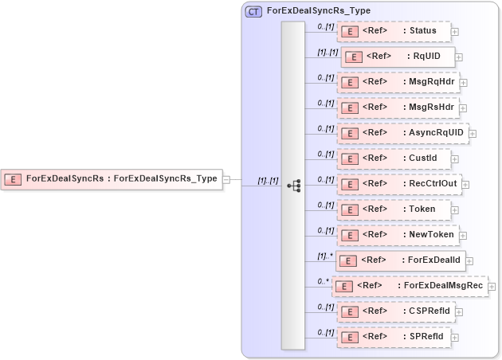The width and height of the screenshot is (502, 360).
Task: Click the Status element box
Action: coord(394,32)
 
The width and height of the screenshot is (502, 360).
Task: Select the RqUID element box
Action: coord(398,57)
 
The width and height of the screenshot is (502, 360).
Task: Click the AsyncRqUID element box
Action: coord(402,133)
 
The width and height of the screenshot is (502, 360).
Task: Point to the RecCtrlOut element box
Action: coord(398,184)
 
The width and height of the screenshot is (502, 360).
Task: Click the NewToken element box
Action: coord(398,235)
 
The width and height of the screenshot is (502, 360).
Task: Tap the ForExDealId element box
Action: coord(400,260)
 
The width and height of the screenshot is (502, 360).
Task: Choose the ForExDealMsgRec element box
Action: coord(410,286)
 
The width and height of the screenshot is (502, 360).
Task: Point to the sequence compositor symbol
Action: coord(293,185)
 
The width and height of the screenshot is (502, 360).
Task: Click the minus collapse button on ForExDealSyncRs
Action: coord(227,179)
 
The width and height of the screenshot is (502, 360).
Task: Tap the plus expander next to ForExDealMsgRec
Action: coord(492,287)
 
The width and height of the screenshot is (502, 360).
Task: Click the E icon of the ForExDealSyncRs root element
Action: coord(13,179)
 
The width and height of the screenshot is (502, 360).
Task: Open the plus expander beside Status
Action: coord(455,33)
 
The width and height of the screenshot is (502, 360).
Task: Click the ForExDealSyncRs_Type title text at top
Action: coord(319,11)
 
